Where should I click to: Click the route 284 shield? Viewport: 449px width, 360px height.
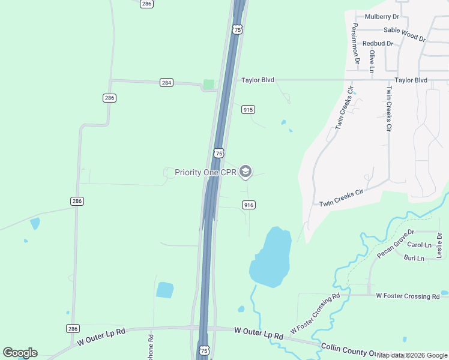[166, 83]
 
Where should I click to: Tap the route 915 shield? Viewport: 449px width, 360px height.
[248, 109]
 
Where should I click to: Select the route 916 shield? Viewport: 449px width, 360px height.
[249, 205]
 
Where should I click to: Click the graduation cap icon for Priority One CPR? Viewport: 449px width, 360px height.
[245, 172]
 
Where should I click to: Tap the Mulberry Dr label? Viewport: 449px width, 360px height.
[382, 17]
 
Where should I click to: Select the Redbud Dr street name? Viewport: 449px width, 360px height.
[378, 44]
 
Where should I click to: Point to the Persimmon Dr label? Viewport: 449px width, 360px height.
[356, 43]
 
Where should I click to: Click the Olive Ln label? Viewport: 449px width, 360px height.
[372, 61]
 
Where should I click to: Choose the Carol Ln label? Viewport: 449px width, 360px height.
[419, 245]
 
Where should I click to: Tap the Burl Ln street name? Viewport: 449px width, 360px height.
[414, 258]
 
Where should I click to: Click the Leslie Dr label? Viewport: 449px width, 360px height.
[439, 245]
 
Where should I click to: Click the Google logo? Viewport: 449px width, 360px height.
[20, 353]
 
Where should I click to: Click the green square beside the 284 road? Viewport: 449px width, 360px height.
[209, 85]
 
